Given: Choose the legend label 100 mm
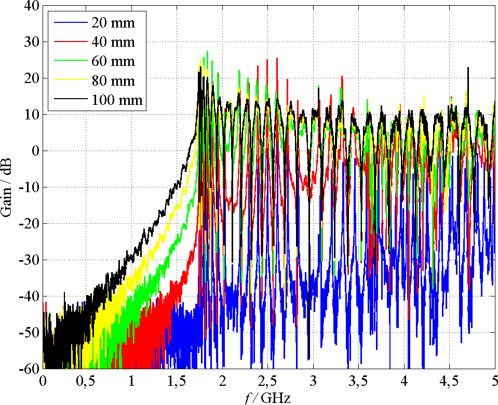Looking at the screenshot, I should [x=116, y=100].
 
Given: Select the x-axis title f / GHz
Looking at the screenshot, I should [x=267, y=398].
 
